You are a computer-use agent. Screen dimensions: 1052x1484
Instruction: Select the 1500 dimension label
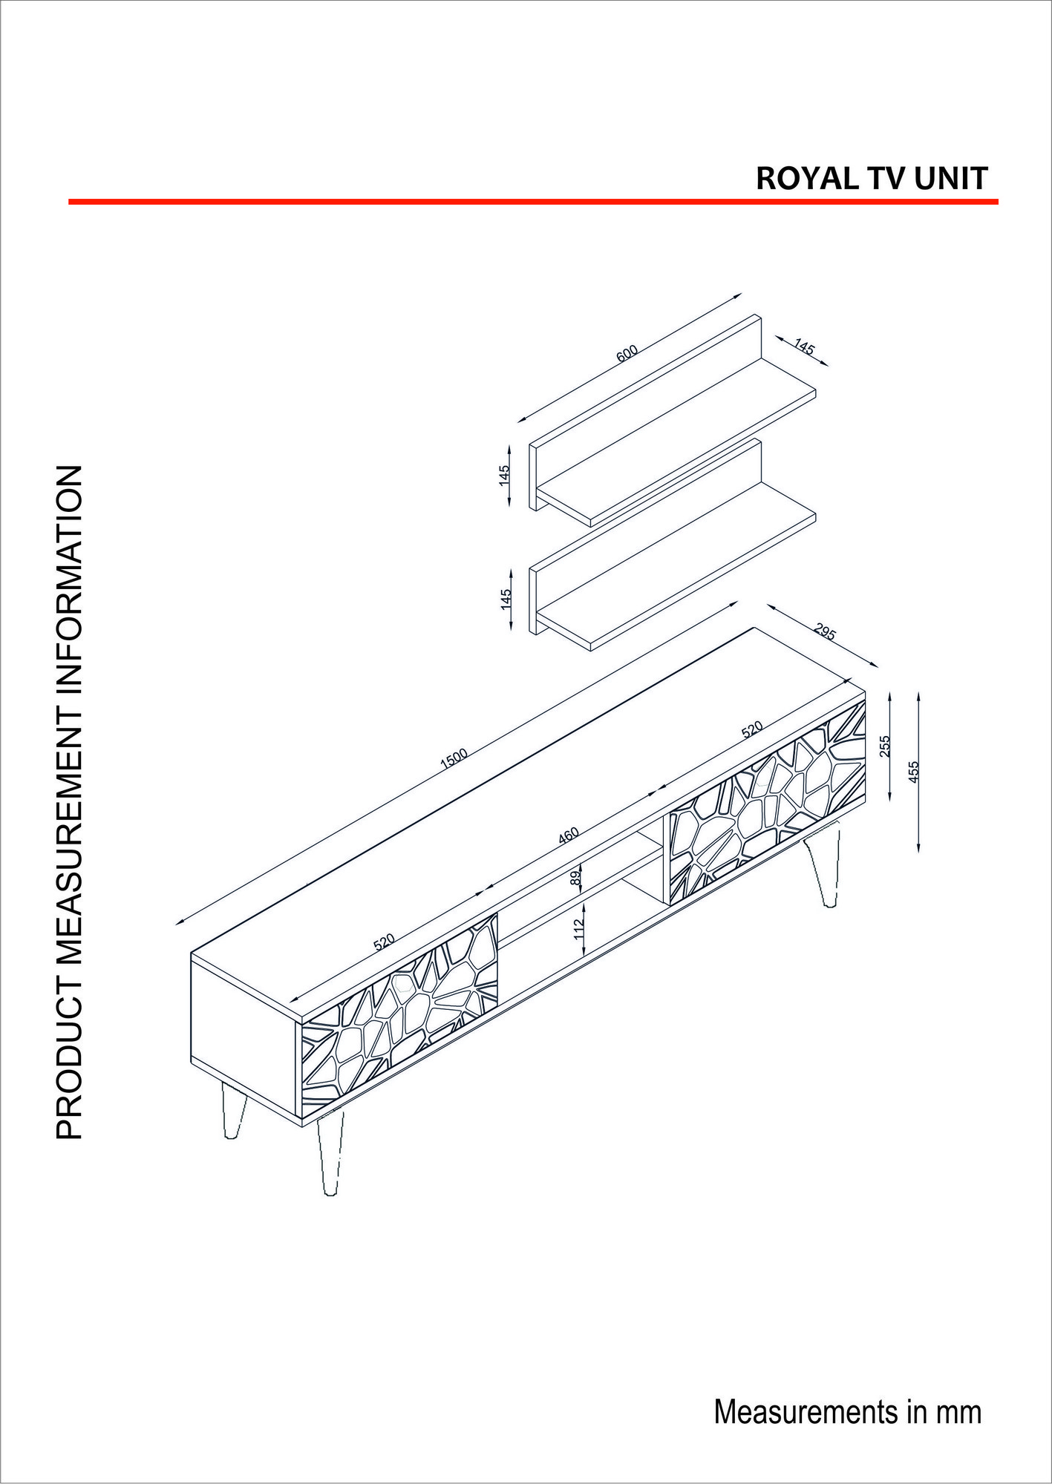click(x=454, y=758)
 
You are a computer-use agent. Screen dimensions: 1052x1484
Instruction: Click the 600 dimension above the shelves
click(x=627, y=353)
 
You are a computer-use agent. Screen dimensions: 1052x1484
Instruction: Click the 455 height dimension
click(x=914, y=771)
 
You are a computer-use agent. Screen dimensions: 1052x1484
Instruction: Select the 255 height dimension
click(x=884, y=746)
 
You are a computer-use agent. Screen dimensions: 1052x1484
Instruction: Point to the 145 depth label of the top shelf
click(x=804, y=346)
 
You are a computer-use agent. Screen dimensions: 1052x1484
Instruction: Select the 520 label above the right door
click(x=752, y=730)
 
